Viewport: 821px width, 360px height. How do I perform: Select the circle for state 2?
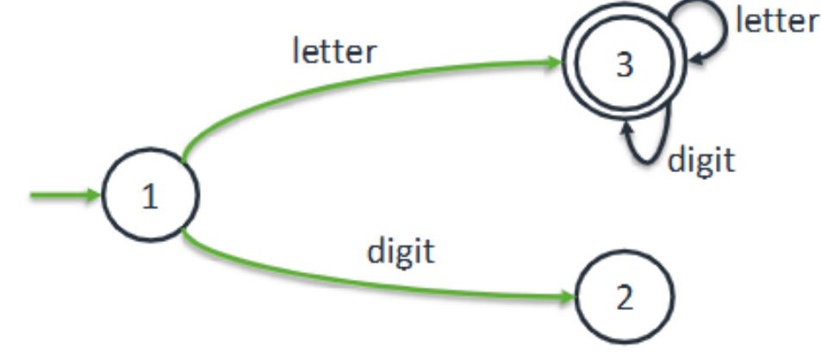[624, 298]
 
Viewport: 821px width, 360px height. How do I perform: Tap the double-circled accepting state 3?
[624, 66]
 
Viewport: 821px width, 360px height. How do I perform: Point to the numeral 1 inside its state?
[150, 197]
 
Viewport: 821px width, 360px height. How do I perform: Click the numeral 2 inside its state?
[624, 298]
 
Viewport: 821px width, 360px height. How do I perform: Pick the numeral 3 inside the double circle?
[624, 66]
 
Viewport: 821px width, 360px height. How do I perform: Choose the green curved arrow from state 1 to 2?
[362, 281]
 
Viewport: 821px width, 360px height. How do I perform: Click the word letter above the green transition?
[334, 51]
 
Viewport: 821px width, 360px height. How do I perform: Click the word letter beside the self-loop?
[775, 19]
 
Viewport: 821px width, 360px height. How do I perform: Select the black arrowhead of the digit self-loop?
[626, 128]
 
